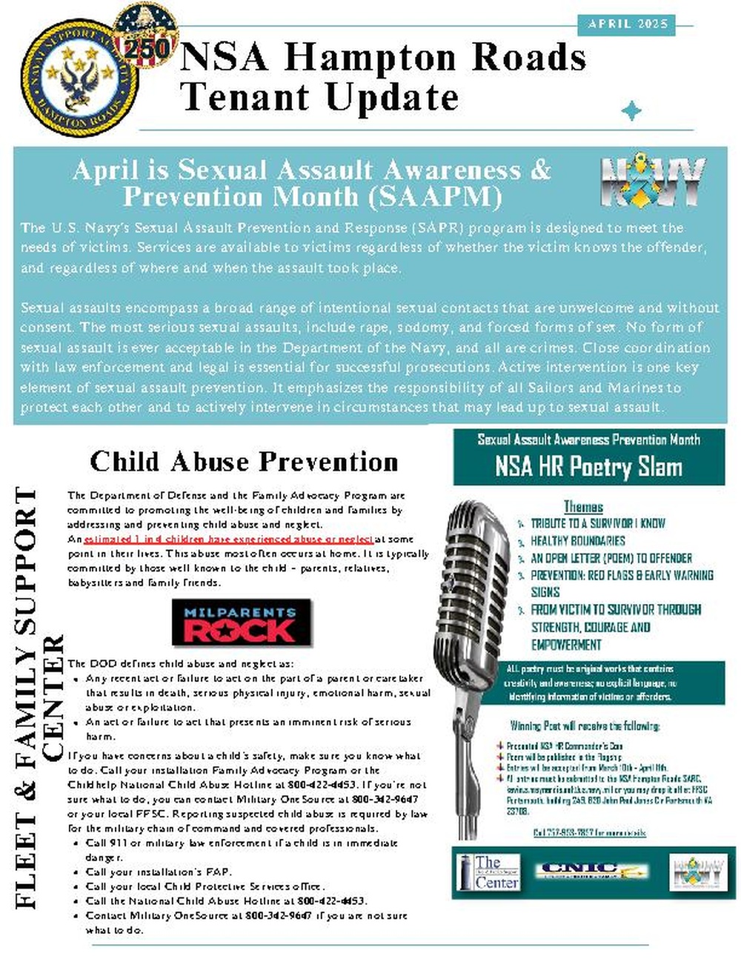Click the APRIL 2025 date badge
[x=628, y=24]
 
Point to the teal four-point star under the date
[x=631, y=111]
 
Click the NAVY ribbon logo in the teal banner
[x=652, y=182]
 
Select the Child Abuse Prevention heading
[x=244, y=462]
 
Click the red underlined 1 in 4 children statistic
[x=228, y=539]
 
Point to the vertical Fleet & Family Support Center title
[x=37, y=697]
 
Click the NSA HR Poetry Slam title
[x=588, y=467]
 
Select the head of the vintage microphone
[x=474, y=563]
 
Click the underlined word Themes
[x=583, y=507]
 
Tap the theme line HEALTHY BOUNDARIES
[x=577, y=541]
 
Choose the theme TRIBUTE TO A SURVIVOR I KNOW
[x=597, y=523]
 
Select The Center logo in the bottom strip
[x=488, y=872]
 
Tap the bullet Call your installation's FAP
[x=159, y=872]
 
